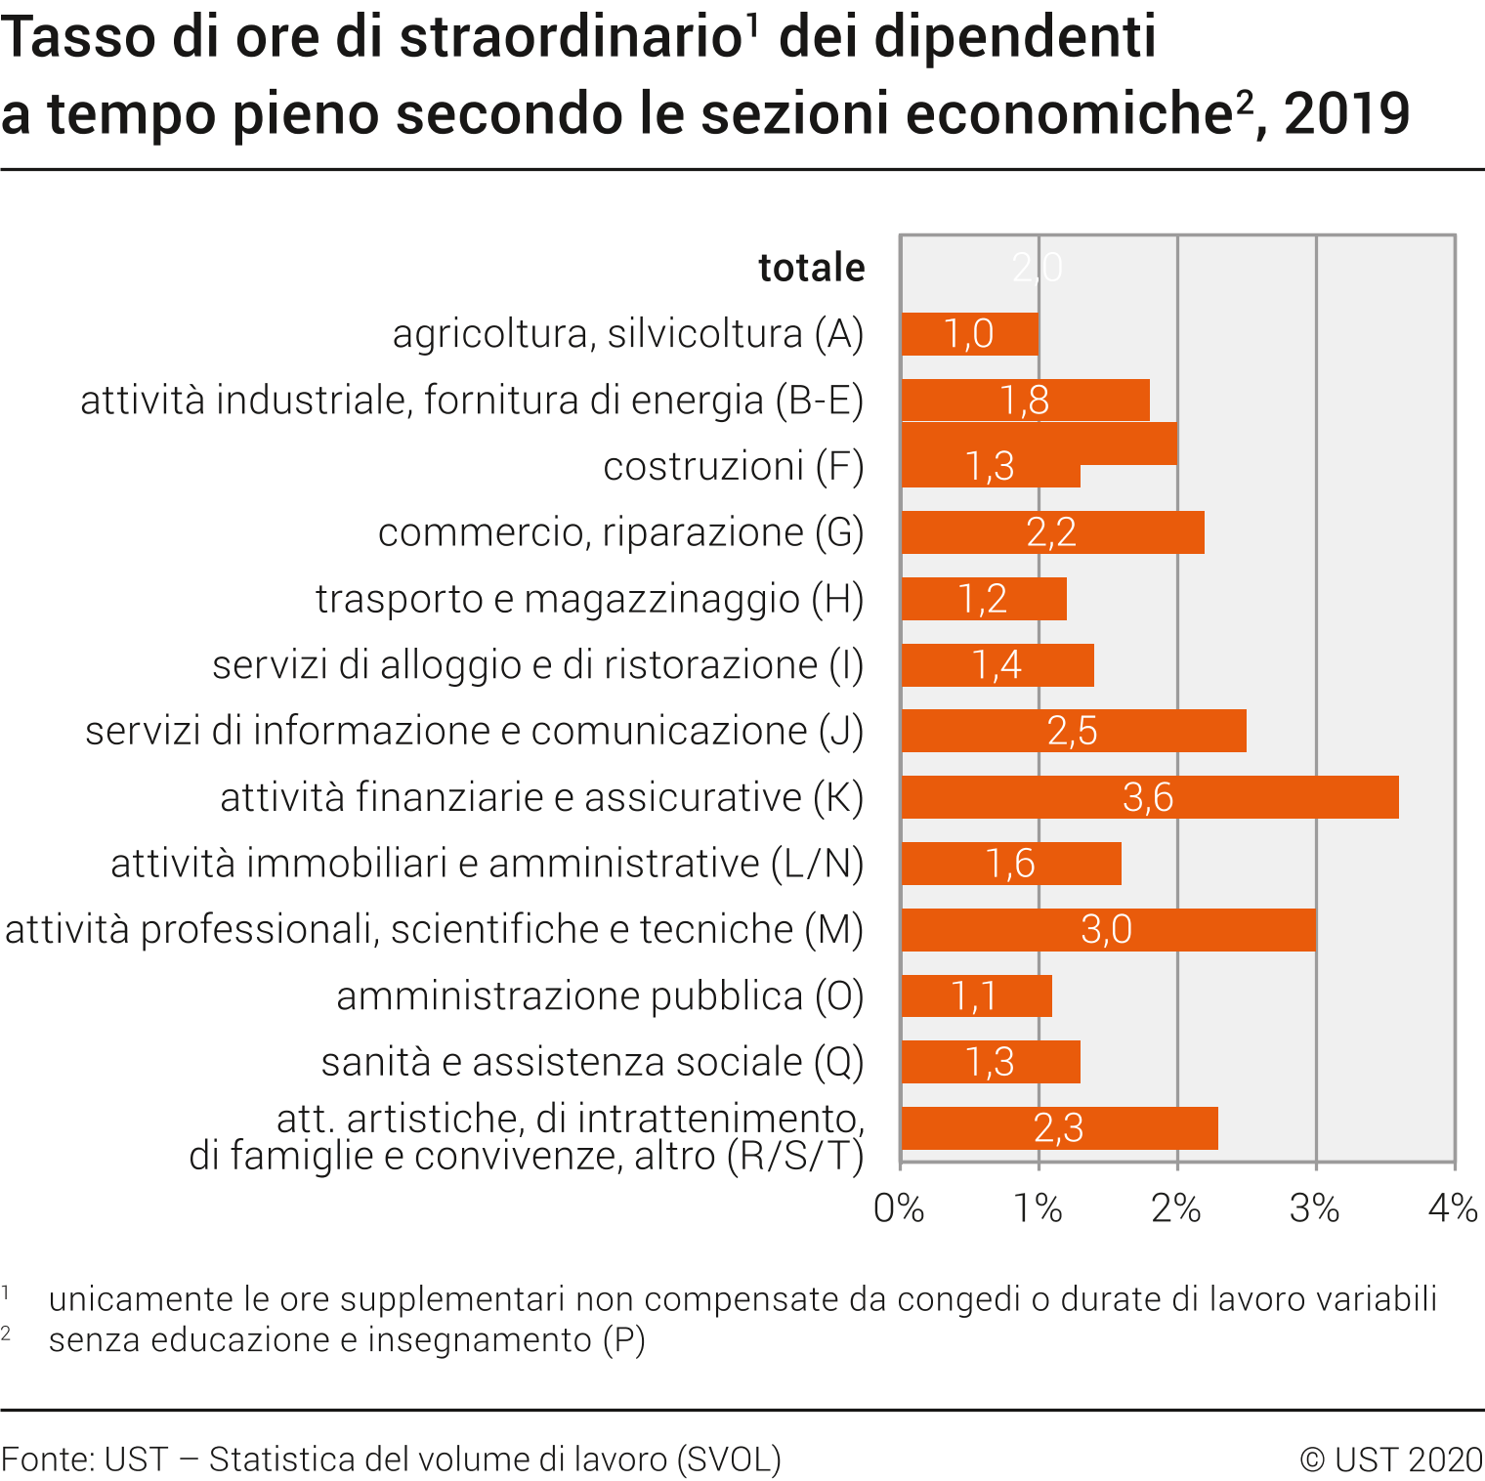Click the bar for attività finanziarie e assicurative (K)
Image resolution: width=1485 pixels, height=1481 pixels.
click(x=1149, y=797)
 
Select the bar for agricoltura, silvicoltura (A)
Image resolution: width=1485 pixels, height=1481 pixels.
click(x=969, y=334)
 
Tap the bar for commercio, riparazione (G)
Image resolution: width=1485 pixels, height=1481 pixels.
click(x=1052, y=532)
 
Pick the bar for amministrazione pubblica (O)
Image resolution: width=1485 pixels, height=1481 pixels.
click(x=976, y=995)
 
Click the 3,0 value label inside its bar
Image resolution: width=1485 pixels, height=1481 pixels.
click(x=1106, y=929)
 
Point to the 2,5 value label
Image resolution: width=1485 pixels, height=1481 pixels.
click(x=1073, y=731)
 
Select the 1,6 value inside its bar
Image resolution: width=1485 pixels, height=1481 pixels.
click(x=1010, y=864)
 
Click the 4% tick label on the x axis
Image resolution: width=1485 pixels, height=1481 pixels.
click(x=1453, y=1208)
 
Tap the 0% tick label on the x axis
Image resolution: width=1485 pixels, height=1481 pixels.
click(x=899, y=1208)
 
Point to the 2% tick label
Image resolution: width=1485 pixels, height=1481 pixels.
click(x=1176, y=1208)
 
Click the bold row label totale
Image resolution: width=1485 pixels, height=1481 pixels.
click(x=812, y=268)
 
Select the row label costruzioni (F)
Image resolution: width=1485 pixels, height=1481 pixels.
click(x=734, y=466)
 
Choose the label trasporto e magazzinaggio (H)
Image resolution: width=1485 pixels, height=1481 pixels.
click(x=589, y=599)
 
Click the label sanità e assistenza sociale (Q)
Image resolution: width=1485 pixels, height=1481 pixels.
click(x=592, y=1062)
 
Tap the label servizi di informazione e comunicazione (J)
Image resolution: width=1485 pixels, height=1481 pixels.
click(x=474, y=731)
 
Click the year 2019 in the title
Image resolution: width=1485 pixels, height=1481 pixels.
click(x=1346, y=113)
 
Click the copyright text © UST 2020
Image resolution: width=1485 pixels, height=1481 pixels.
click(x=1391, y=1460)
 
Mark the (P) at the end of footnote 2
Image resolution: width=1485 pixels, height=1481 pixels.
click(x=624, y=1340)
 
